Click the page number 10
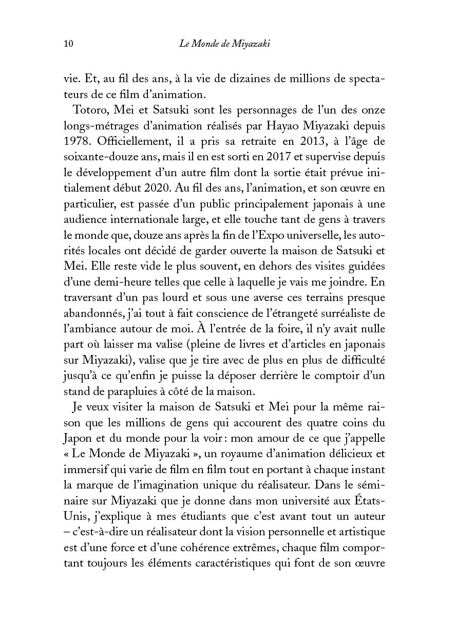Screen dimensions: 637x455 68,44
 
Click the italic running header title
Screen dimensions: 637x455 225,44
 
